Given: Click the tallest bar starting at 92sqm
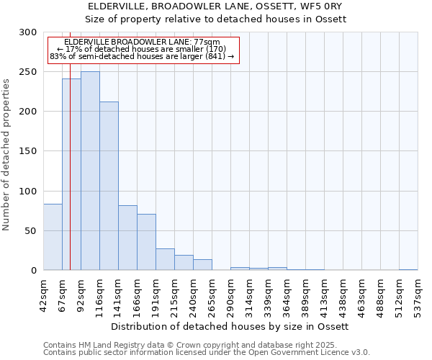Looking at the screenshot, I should point(90,171).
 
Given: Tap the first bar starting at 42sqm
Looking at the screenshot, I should point(53,237).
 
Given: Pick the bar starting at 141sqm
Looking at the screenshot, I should point(127,238).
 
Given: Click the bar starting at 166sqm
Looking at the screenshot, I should point(146,242).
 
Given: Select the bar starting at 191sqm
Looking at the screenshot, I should point(165,259).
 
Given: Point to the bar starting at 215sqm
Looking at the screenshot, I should point(184,263).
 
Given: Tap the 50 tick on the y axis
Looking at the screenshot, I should point(31,231).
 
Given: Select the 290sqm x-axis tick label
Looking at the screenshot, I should point(230,292).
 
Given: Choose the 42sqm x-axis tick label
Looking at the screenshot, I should point(43,292).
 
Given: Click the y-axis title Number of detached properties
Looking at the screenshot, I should point(6,155).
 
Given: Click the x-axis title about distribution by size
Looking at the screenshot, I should point(230,326).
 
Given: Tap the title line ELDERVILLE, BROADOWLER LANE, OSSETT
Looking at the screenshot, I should point(215,6).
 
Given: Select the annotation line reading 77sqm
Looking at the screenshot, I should point(142,42).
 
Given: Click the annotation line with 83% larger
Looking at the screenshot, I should point(142,56).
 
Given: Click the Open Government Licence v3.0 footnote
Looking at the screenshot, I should point(207,353).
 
